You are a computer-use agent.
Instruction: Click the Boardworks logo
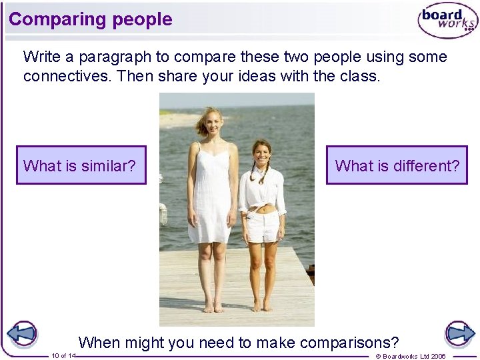click(447, 19)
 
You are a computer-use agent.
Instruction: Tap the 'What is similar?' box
click(81, 165)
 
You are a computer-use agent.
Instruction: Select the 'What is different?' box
click(397, 165)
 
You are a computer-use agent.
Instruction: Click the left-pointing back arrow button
click(21, 333)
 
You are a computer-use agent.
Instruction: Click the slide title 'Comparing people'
click(91, 19)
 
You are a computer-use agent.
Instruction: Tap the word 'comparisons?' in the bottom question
click(349, 343)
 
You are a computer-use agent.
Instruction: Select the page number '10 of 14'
click(63, 356)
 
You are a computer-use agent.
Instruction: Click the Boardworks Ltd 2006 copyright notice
click(411, 356)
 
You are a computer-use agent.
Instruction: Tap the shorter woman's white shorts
click(262, 227)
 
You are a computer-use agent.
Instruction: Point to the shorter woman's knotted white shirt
click(262, 190)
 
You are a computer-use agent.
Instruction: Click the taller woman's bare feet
click(213, 307)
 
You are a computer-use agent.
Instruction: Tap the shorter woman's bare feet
click(262, 306)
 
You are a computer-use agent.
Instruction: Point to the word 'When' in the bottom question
click(99, 343)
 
